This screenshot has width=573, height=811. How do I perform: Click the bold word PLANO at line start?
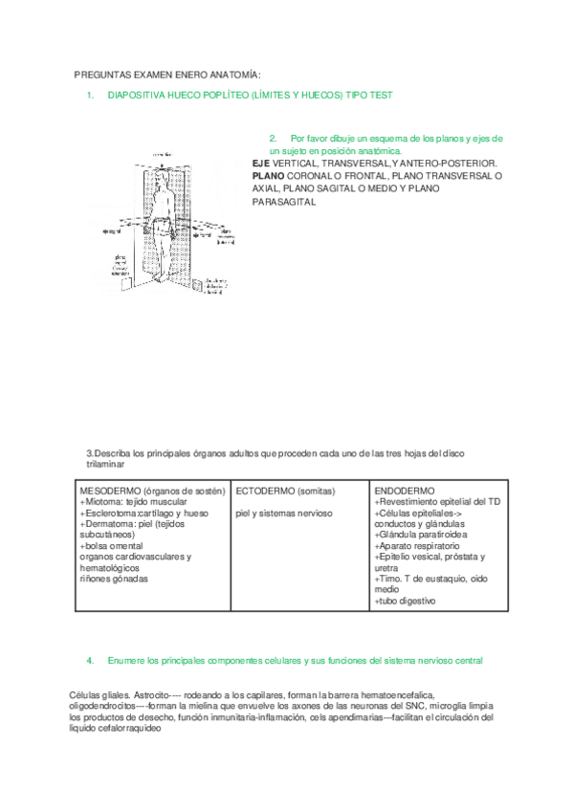[x=267, y=176]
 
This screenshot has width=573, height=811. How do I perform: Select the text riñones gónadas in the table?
[x=114, y=579]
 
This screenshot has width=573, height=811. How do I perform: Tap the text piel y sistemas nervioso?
[x=284, y=513]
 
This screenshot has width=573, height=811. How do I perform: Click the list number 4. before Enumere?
[x=89, y=660]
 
